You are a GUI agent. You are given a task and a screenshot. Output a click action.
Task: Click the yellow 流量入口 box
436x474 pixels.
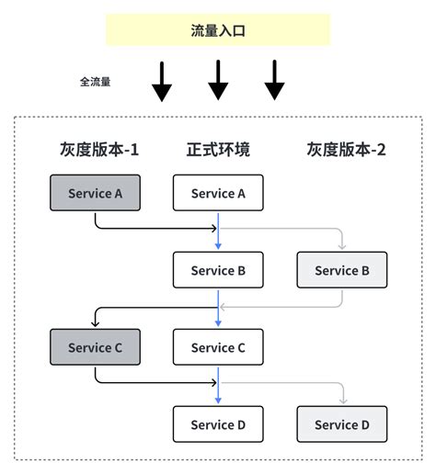[x=218, y=30]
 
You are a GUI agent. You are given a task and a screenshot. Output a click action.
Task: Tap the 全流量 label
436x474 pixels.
[x=95, y=82]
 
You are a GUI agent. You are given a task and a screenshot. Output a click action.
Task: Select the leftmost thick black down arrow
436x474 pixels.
[x=162, y=81]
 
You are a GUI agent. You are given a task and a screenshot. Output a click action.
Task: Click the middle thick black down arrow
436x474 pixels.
[x=218, y=81]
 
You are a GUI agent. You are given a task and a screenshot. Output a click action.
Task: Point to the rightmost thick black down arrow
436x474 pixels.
[x=274, y=81]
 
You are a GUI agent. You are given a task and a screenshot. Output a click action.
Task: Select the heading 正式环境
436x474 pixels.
[x=218, y=150]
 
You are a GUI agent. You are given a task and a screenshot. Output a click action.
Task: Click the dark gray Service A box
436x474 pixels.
[x=95, y=193]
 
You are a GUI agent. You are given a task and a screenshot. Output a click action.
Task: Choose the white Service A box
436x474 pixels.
[x=218, y=193]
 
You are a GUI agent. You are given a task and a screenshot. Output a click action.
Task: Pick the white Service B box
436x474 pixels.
[x=218, y=270]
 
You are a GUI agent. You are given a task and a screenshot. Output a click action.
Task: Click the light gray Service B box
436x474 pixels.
[x=342, y=270]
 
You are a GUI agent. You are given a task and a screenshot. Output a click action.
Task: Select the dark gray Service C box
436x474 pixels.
[x=95, y=347]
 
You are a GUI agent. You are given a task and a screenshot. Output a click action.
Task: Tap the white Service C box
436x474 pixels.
[x=218, y=347]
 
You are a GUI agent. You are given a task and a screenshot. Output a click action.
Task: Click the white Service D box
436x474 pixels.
[x=218, y=424]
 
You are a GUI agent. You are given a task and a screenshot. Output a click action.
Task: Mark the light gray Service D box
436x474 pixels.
[x=342, y=424]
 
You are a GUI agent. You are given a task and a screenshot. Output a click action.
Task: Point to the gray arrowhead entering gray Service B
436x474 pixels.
[x=342, y=246]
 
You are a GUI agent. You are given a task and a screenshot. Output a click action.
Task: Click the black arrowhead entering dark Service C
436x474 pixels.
[x=95, y=324]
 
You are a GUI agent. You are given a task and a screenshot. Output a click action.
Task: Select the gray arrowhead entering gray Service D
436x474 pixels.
[x=342, y=401]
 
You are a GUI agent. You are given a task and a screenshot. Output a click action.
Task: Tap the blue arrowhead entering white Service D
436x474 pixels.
[x=218, y=401]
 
